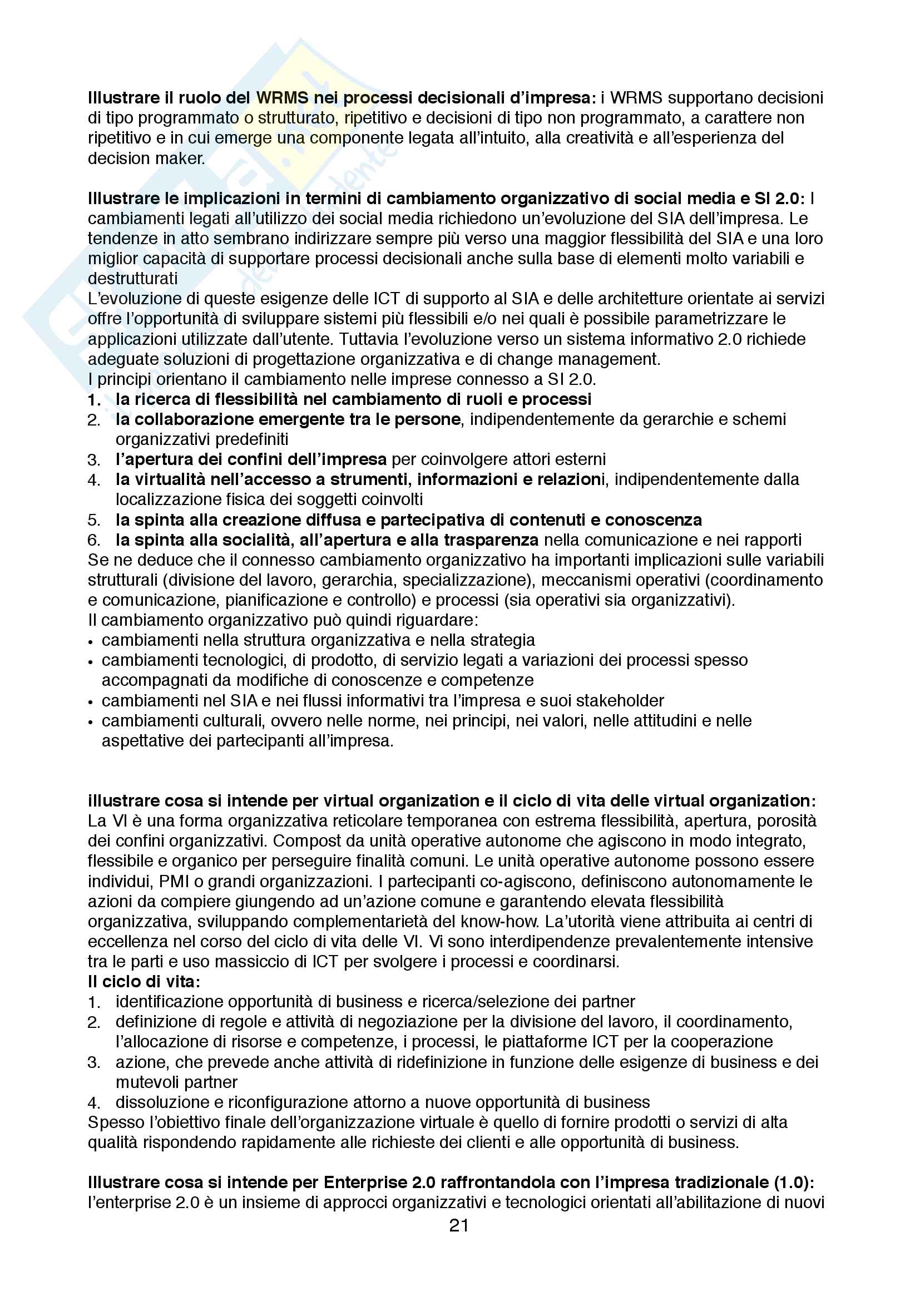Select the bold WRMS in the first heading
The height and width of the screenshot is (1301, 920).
click(x=282, y=98)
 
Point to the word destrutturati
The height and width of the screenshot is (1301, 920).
click(x=132, y=279)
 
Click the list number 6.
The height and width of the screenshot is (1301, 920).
click(x=93, y=540)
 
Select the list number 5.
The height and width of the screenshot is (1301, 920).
click(x=93, y=520)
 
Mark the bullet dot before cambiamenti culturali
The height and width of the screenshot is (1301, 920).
click(x=91, y=722)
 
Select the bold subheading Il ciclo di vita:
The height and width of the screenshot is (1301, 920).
click(x=145, y=981)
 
